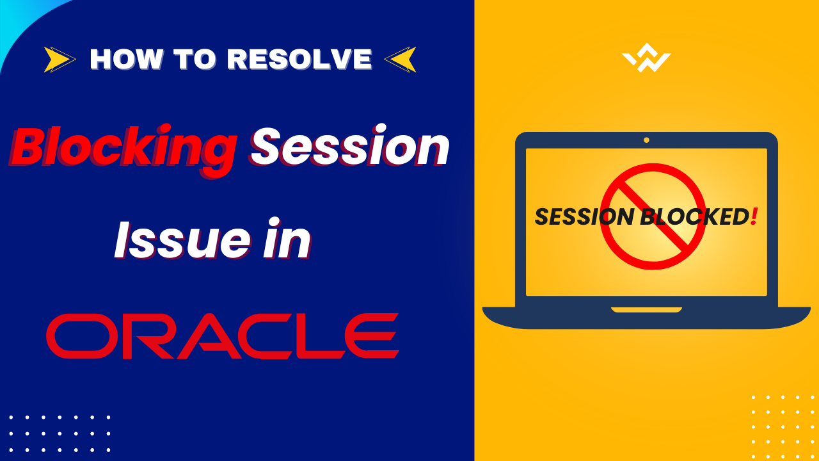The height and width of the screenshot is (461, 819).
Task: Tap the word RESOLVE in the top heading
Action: click(x=299, y=60)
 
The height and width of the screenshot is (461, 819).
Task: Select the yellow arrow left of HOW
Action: click(x=60, y=60)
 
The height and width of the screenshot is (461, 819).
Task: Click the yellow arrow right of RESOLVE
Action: click(x=401, y=60)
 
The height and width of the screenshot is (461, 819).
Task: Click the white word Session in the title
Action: click(x=350, y=147)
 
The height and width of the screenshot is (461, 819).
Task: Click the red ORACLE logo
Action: click(x=222, y=336)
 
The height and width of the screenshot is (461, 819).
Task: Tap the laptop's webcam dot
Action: click(x=646, y=140)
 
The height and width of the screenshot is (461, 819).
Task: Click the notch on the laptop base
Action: click(x=646, y=310)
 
